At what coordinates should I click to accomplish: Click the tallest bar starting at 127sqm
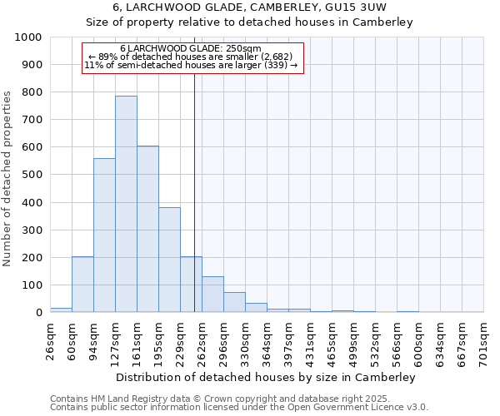coord(126,204)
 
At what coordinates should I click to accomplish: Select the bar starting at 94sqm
coord(104,235)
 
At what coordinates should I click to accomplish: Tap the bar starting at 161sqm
coord(147,229)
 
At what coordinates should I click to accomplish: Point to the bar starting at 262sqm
coord(212,295)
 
